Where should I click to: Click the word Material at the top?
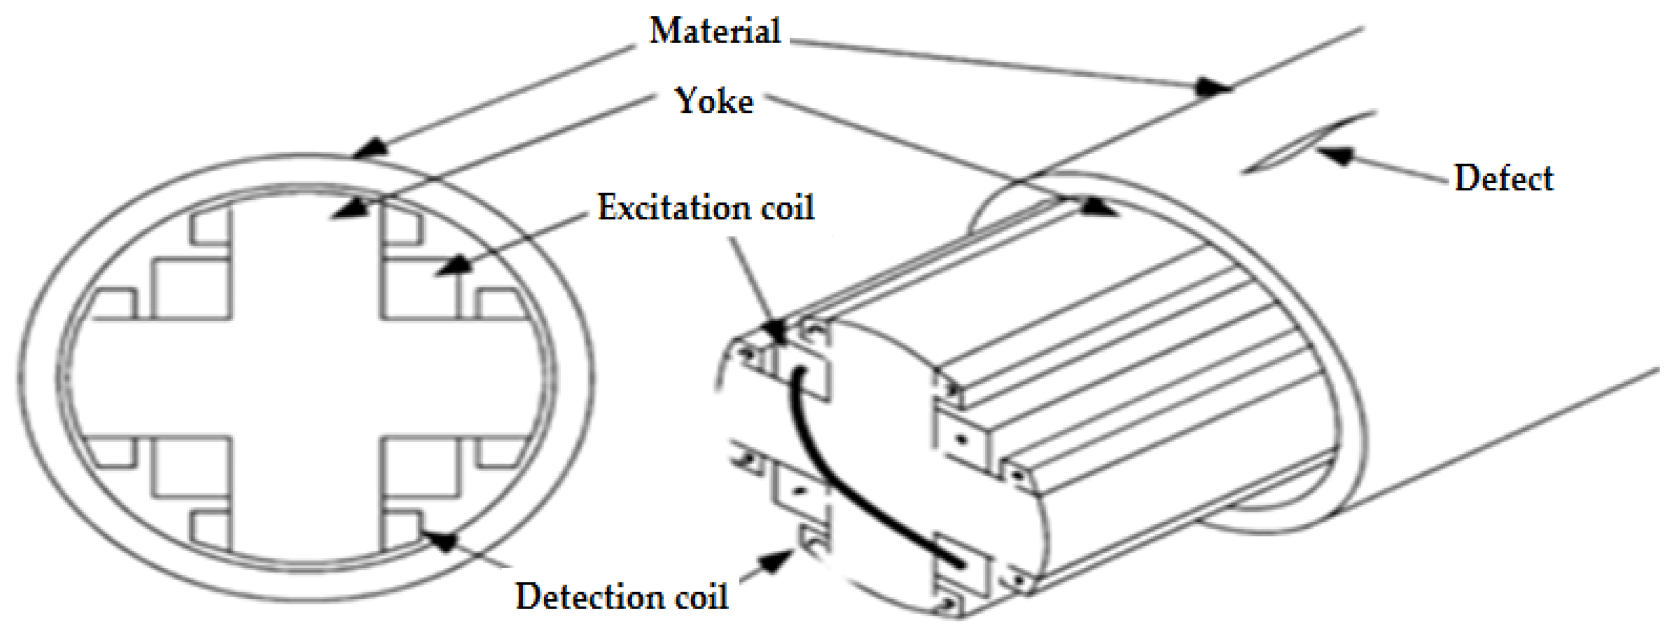click(715, 31)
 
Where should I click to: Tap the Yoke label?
click(715, 102)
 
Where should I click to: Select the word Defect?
click(1504, 179)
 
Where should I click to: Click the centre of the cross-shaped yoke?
click(306, 379)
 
